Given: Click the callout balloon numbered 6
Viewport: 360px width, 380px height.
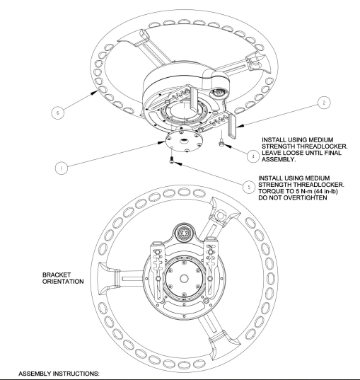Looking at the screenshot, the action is [58, 113].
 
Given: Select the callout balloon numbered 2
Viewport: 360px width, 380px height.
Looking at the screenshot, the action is [324, 103].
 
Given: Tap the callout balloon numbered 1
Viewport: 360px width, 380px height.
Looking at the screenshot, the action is [62, 168].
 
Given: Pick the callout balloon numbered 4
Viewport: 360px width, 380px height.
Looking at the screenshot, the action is [253, 156].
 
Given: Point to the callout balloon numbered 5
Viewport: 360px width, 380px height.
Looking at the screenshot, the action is [249, 187].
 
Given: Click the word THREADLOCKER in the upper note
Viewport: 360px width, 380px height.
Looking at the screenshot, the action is [322, 146].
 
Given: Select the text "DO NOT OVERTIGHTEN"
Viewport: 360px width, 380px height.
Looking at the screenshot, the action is [293, 197].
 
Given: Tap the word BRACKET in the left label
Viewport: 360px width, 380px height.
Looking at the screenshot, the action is [57, 275].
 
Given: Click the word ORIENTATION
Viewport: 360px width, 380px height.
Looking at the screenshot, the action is [63, 282].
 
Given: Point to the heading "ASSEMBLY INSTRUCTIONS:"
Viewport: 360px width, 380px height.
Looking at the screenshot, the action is [59, 374].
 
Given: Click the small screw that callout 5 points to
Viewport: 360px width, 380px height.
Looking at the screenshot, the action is [172, 160].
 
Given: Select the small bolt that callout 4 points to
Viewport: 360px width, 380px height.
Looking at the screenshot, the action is [221, 143].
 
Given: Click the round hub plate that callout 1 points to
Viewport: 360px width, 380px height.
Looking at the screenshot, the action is [183, 142].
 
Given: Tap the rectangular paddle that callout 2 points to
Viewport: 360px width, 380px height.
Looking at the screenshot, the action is [232, 126].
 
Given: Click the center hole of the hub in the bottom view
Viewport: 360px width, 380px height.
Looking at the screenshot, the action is [184, 279].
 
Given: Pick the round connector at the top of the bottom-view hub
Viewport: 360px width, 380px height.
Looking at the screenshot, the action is [184, 233].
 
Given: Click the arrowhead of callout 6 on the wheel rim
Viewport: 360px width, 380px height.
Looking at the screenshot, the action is [95, 92].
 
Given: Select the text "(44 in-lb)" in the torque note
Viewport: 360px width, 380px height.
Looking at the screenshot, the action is [326, 191].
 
